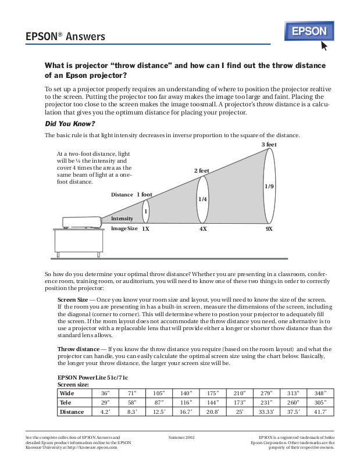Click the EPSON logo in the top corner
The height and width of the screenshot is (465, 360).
point(309,31)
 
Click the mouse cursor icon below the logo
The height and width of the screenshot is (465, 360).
point(324,45)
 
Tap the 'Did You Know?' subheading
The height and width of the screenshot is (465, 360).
point(70,124)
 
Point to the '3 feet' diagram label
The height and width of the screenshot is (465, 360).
point(269,144)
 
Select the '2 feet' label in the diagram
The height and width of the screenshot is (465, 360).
point(201,171)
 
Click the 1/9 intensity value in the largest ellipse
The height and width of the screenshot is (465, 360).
point(269,187)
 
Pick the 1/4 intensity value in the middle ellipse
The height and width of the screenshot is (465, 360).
point(202,199)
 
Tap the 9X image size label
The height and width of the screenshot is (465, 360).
point(269,229)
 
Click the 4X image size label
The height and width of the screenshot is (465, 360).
point(203,229)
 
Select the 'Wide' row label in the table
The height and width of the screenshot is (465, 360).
point(67,394)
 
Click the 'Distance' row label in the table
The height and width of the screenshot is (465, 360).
point(72,412)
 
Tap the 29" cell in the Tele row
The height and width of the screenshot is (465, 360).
point(105,402)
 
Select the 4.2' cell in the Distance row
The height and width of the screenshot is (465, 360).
point(105,412)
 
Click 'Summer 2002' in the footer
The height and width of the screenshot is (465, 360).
point(181,436)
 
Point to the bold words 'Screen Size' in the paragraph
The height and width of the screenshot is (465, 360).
point(73,300)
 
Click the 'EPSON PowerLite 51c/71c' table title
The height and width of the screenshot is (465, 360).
point(91,377)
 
